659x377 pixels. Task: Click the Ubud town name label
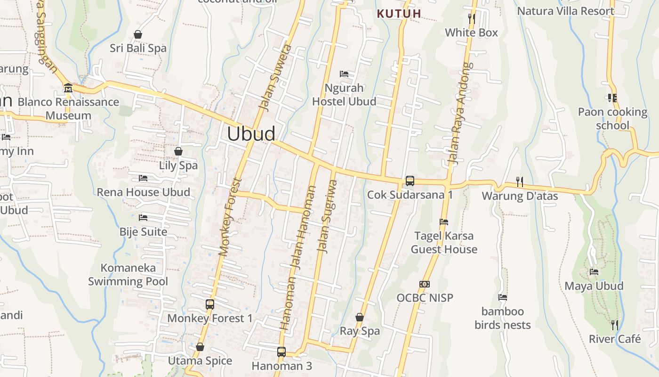251,134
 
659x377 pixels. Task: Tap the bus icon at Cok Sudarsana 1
410,181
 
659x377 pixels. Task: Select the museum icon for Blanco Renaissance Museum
68,88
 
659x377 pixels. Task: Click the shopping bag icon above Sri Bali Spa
138,34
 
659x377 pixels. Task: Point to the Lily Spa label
178,165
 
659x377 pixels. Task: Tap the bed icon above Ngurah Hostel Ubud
344,74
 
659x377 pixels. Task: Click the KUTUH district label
399,14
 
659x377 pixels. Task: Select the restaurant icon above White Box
471,19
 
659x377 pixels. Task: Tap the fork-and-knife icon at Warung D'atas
520,182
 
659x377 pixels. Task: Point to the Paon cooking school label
612,118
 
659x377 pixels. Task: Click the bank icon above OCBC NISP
424,284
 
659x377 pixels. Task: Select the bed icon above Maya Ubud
594,272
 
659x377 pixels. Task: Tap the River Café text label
615,339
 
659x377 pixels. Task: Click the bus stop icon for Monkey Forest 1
210,304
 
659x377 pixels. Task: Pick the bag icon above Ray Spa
360,318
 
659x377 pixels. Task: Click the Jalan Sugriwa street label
328,217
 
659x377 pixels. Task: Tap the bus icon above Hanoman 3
281,352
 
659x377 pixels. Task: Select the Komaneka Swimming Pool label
128,275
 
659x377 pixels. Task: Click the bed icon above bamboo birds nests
503,297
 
